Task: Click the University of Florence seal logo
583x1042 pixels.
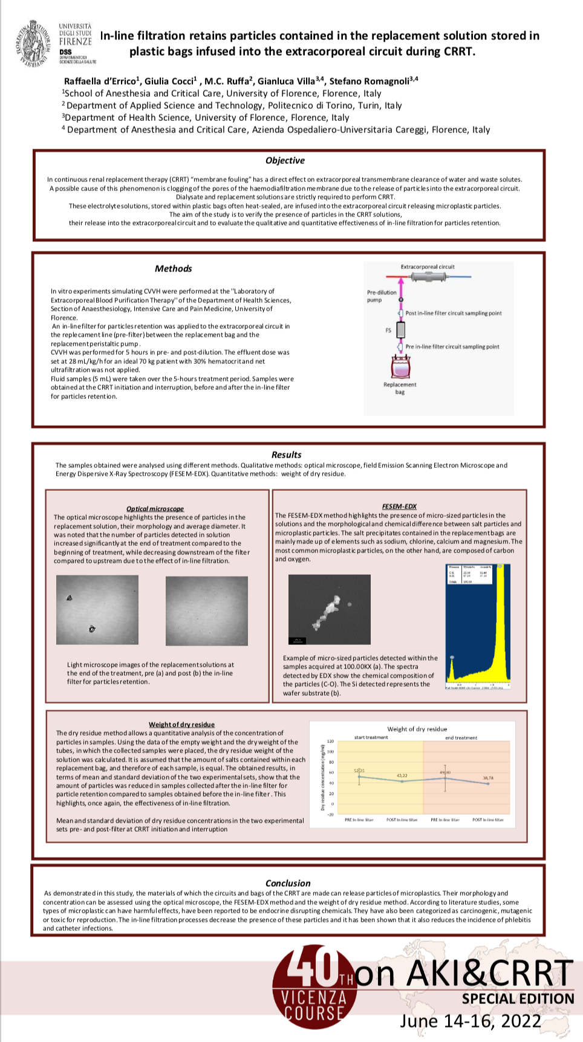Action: click(33, 44)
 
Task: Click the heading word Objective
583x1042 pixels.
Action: click(285, 161)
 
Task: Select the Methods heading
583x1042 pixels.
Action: click(173, 269)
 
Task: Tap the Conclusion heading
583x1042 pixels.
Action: click(288, 883)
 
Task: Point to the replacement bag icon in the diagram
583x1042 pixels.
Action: click(400, 366)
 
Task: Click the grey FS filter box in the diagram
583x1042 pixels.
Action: click(400, 330)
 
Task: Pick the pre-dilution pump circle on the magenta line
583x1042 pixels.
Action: click(400, 300)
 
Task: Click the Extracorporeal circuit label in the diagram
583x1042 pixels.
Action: click(428, 267)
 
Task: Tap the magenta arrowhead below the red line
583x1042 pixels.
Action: click(400, 283)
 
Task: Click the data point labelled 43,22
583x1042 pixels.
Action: click(402, 781)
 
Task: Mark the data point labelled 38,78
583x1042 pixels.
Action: click(488, 783)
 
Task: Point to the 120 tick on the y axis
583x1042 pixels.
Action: click(331, 741)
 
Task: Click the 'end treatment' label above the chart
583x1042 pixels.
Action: click(461, 737)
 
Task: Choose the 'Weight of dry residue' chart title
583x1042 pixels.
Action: click(417, 729)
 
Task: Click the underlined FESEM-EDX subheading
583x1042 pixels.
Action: click(399, 506)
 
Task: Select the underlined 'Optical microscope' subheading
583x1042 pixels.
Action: click(155, 509)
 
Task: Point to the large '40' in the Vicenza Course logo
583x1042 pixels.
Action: click(311, 966)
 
